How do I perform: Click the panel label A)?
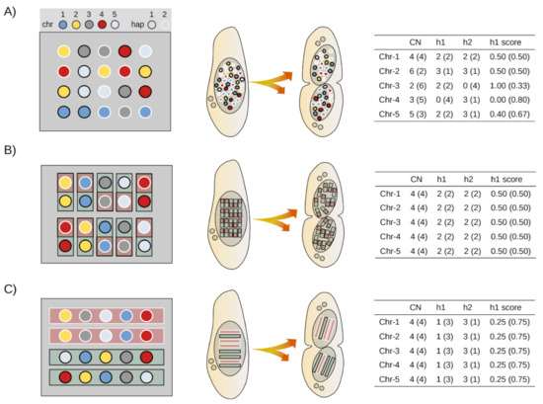coord(10,12)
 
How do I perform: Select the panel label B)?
coord(10,150)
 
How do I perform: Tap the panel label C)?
coord(10,288)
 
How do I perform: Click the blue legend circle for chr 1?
coord(62,25)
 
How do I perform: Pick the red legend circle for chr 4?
coord(102,25)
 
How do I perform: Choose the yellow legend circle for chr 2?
coord(76,25)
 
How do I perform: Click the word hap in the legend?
coord(137,25)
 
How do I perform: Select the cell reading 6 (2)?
coord(418,71)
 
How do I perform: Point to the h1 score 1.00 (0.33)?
coord(509,86)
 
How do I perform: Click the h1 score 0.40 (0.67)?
coord(509,114)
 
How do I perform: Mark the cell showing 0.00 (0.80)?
coord(509,100)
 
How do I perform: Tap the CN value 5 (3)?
coord(418,114)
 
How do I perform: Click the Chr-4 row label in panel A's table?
coord(389,100)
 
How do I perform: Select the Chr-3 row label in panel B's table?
coord(390,222)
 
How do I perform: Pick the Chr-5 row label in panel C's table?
coord(389,379)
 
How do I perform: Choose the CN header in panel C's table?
coord(416,307)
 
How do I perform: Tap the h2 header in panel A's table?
coord(468,42)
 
